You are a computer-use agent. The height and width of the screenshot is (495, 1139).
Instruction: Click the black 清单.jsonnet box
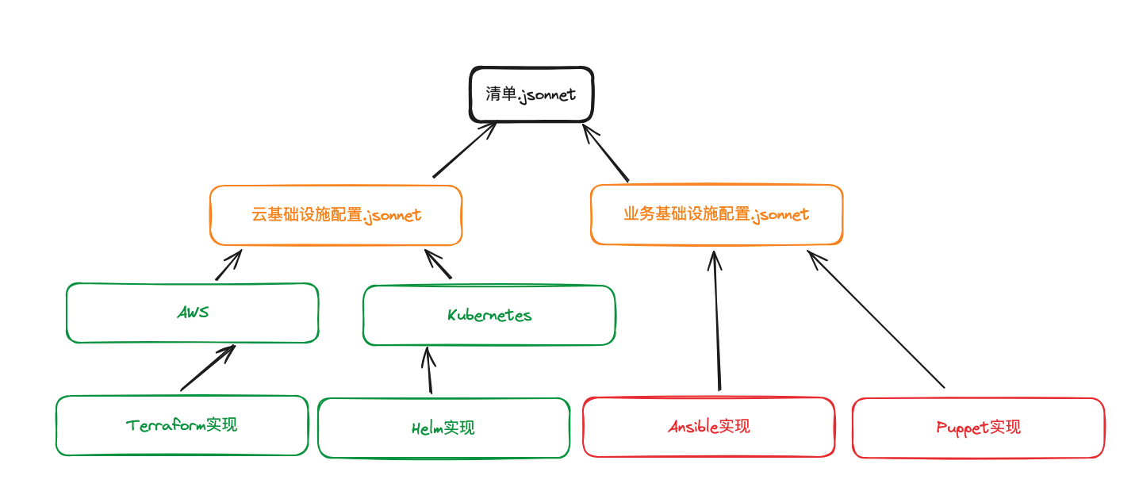[x=531, y=94]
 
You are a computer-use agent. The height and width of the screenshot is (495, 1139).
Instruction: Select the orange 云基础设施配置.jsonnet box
[x=336, y=215]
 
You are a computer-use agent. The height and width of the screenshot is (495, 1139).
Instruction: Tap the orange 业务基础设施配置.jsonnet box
[x=716, y=215]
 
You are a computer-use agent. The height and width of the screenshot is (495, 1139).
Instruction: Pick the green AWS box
[x=193, y=313]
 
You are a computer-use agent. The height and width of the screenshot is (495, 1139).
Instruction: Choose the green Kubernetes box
[x=489, y=315]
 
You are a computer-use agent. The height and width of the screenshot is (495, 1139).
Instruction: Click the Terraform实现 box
[x=182, y=425]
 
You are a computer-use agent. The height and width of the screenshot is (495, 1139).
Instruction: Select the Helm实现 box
[x=443, y=428]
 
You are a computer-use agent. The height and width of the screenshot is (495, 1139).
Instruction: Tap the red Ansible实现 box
[x=708, y=427]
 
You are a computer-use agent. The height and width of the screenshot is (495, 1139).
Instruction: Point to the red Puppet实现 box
[x=978, y=428]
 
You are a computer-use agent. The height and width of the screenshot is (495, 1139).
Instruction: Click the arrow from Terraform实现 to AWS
[x=207, y=368]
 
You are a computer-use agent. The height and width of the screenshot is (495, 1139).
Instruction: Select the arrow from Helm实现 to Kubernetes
[x=429, y=370]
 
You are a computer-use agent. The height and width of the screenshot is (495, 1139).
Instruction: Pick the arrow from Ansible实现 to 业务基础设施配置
[x=716, y=321]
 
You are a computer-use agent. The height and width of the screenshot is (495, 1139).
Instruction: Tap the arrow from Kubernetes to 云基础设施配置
[x=438, y=264]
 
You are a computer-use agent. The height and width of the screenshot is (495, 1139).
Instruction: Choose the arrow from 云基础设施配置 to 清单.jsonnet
[x=465, y=150]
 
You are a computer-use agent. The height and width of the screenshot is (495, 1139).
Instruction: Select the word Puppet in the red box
[x=962, y=428]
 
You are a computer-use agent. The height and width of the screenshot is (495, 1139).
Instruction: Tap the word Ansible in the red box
[x=692, y=427]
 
